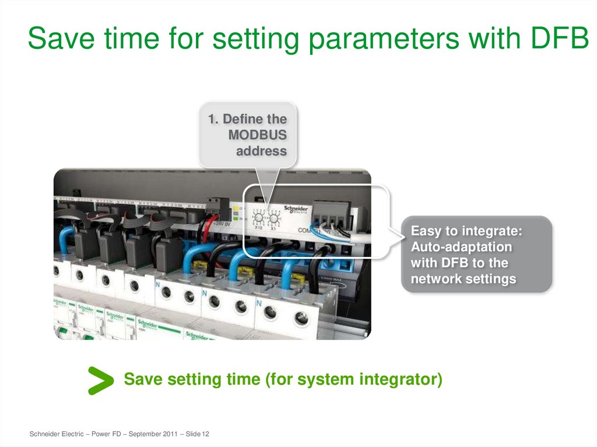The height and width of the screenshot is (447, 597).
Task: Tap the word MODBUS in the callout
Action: pos(258,135)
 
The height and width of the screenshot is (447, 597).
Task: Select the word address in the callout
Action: pos(261,151)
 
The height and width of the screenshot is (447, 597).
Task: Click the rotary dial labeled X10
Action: pos(258,219)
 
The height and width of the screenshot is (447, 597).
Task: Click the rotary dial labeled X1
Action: pos(273,219)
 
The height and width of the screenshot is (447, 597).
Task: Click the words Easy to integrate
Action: pos(466,231)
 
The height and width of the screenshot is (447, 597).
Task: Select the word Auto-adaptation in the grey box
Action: pos(461,247)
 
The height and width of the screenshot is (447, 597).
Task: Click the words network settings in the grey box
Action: pos(463,279)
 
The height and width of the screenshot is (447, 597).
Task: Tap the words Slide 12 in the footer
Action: pos(197,434)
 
